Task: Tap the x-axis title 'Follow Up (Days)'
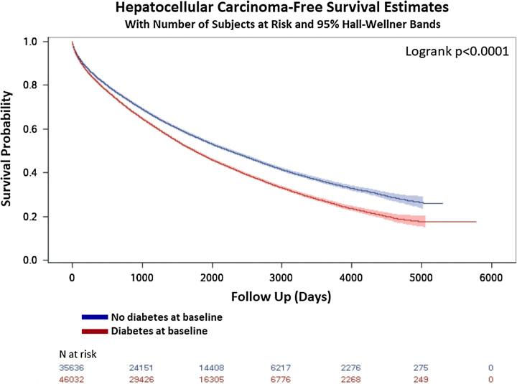pos(280,295)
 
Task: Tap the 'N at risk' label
pos(77,354)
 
